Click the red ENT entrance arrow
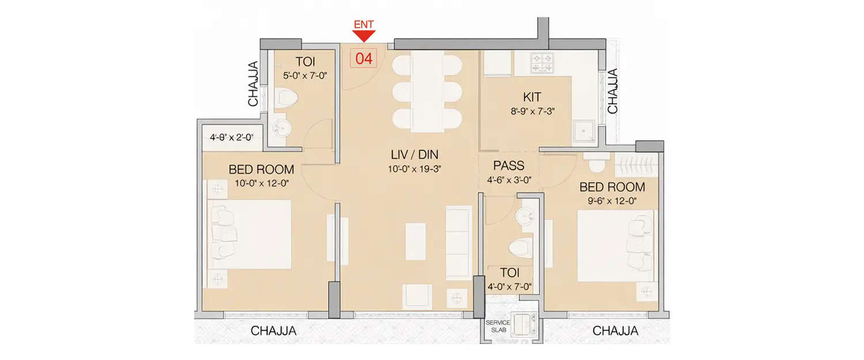pyautogui.click(x=363, y=36)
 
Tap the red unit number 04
pyautogui.click(x=363, y=58)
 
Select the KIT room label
pyautogui.click(x=532, y=96)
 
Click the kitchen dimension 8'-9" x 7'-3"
pyautogui.click(x=531, y=112)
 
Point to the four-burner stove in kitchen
pyautogui.click(x=541, y=63)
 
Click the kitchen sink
pyautogui.click(x=586, y=132)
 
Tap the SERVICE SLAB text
pyautogui.click(x=495, y=326)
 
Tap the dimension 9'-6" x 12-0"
pyautogui.click(x=612, y=202)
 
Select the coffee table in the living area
pyautogui.click(x=415, y=241)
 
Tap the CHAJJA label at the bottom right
pyautogui.click(x=615, y=331)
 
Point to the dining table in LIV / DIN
pyautogui.click(x=427, y=91)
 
